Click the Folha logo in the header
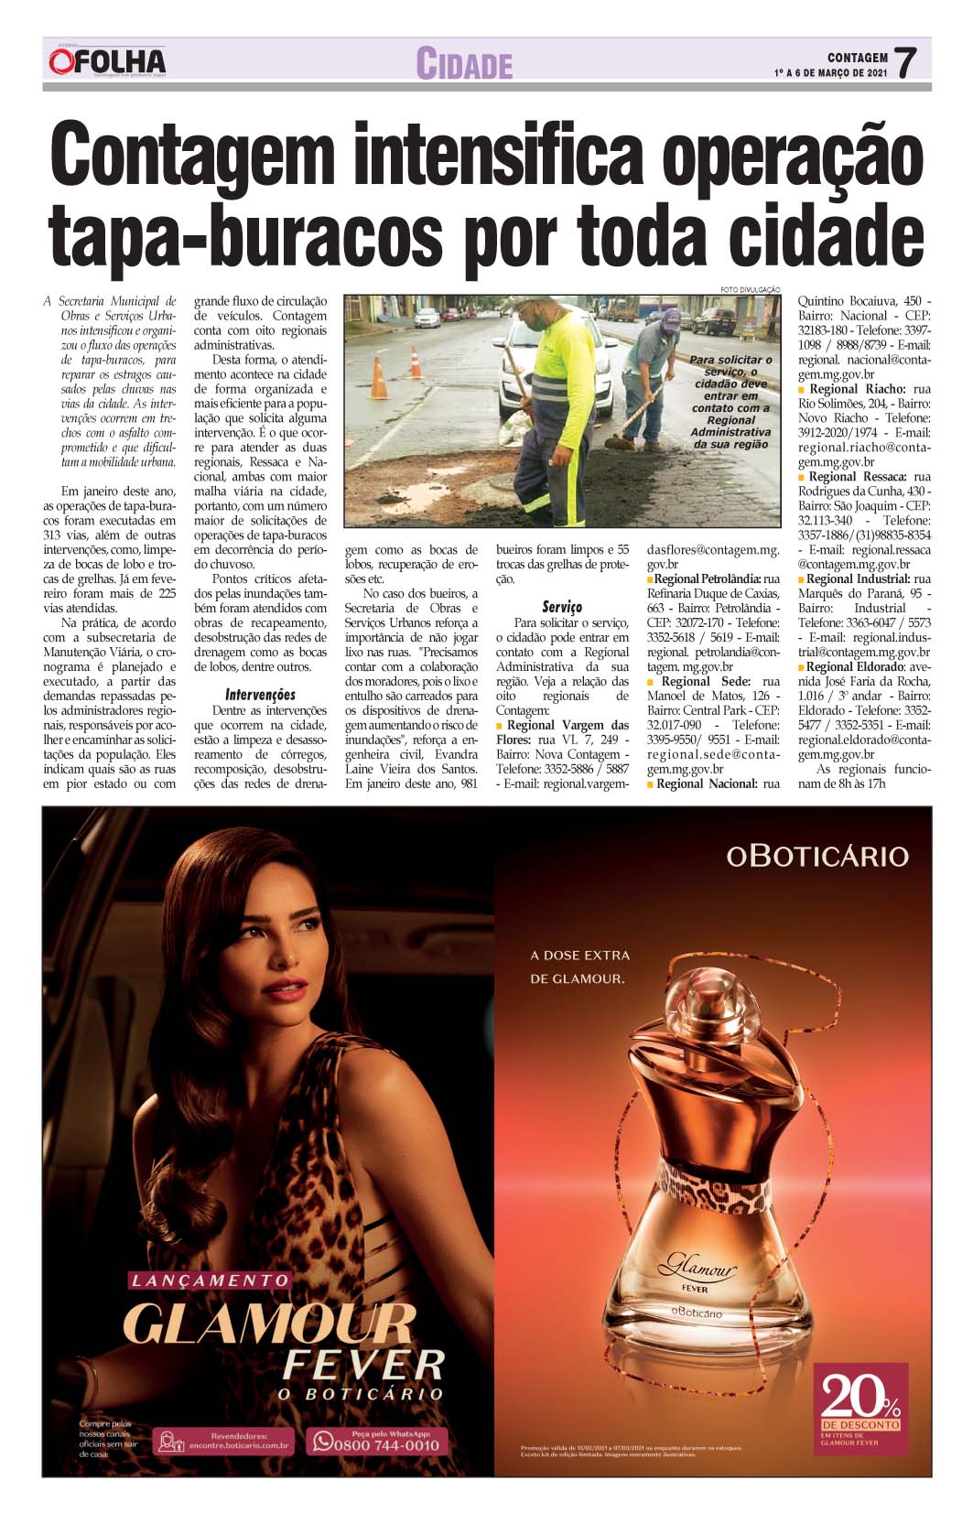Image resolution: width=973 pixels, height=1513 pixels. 108,61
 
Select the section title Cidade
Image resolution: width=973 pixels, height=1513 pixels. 464,64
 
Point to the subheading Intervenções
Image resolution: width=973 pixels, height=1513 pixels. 260,695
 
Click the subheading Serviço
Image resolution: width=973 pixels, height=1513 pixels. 561,607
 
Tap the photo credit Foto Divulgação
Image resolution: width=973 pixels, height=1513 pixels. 750,290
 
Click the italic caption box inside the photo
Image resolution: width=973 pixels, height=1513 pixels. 730,402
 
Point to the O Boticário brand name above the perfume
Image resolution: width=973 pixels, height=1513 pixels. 816,856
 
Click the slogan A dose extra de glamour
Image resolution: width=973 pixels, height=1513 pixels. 580,967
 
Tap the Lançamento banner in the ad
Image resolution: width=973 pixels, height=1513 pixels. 210,1281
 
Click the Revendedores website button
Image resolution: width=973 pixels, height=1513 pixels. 224,1443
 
